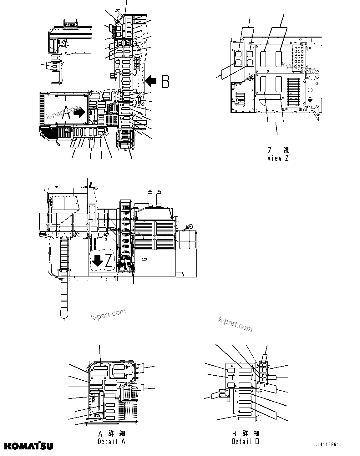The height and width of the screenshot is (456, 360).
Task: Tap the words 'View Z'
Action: tap(278, 158)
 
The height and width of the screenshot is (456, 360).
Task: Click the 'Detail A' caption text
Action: tap(111, 442)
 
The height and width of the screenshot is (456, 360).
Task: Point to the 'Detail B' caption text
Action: tap(246, 441)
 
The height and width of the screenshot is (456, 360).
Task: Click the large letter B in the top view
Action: tap(165, 81)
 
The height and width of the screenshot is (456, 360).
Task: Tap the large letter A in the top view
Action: tap(66, 112)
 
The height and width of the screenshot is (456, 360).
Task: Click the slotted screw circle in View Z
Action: tap(310, 99)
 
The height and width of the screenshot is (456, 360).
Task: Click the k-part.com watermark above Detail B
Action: tap(235, 324)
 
